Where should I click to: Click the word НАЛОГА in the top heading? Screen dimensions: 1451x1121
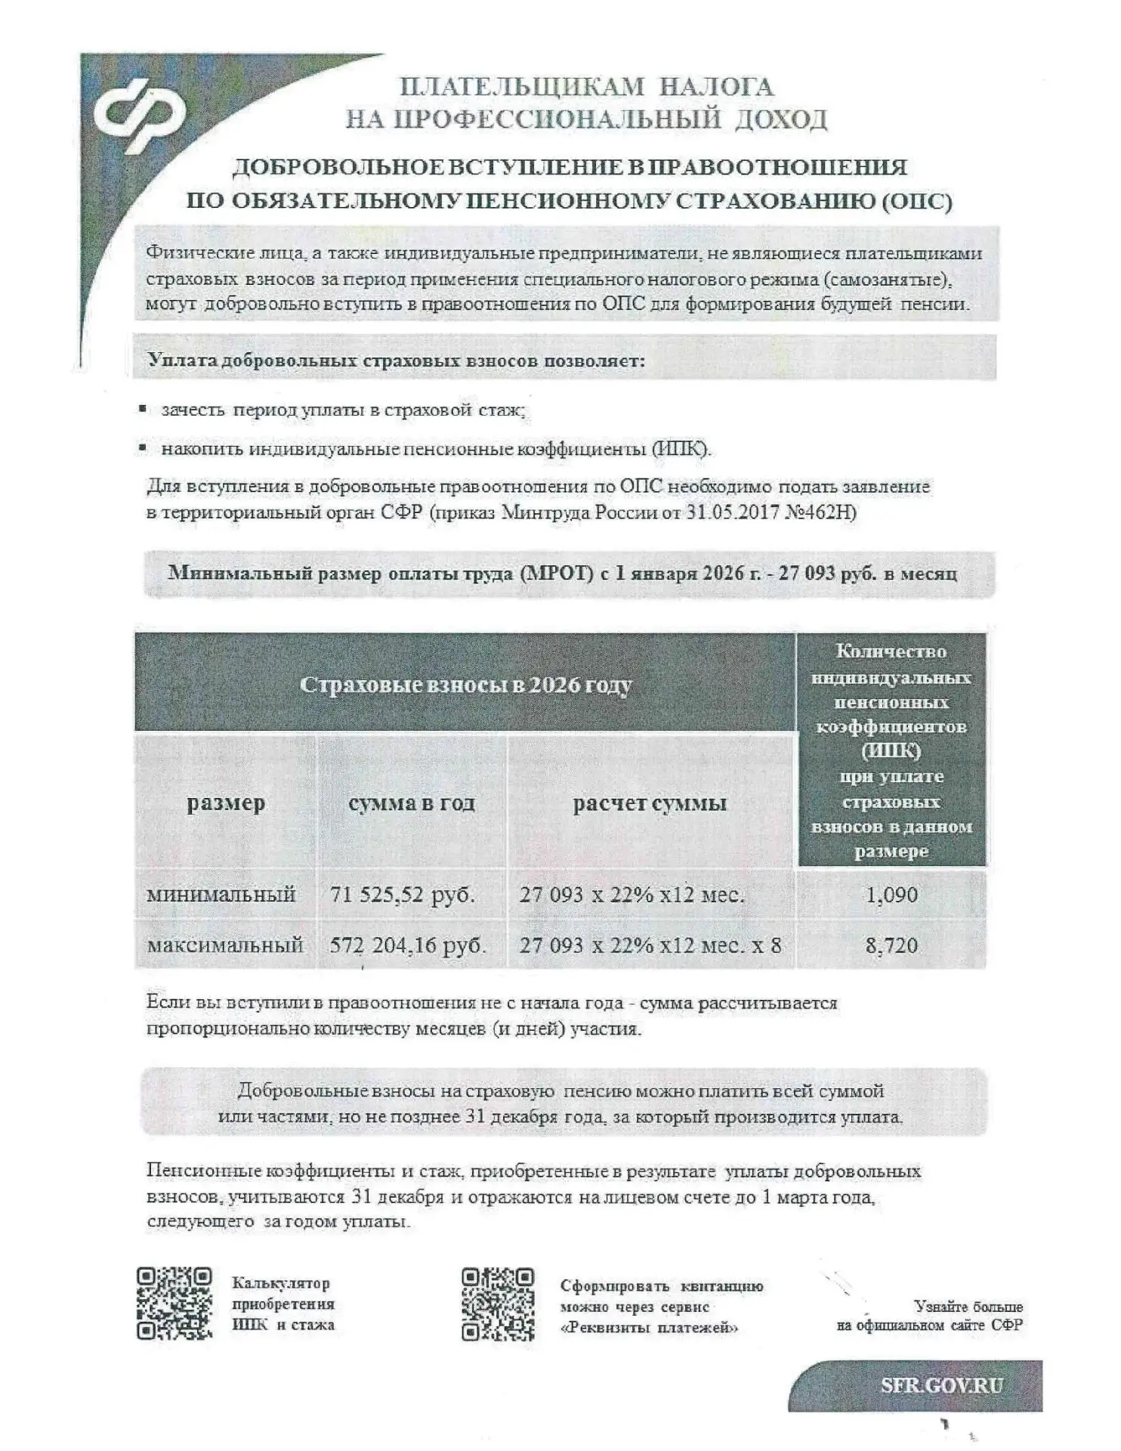[x=717, y=86]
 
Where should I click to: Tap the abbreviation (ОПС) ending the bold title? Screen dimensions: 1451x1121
[x=916, y=202]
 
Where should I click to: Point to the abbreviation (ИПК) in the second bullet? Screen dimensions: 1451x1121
[x=681, y=449]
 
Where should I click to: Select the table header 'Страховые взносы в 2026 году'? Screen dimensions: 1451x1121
[x=465, y=685]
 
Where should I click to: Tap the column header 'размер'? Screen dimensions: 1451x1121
[x=226, y=803]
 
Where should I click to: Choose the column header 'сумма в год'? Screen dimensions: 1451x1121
[x=412, y=803]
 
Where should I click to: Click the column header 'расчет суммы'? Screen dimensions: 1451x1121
[x=650, y=803]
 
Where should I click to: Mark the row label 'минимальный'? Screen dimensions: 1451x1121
[x=221, y=895]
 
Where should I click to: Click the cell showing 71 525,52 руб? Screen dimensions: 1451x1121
[x=403, y=895]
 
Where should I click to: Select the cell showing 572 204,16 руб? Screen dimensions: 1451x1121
[x=408, y=945]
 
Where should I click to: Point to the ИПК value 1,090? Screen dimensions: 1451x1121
[x=891, y=895]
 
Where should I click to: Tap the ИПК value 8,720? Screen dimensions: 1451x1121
[x=891, y=945]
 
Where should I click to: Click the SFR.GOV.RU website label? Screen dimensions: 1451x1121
[x=942, y=1385]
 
